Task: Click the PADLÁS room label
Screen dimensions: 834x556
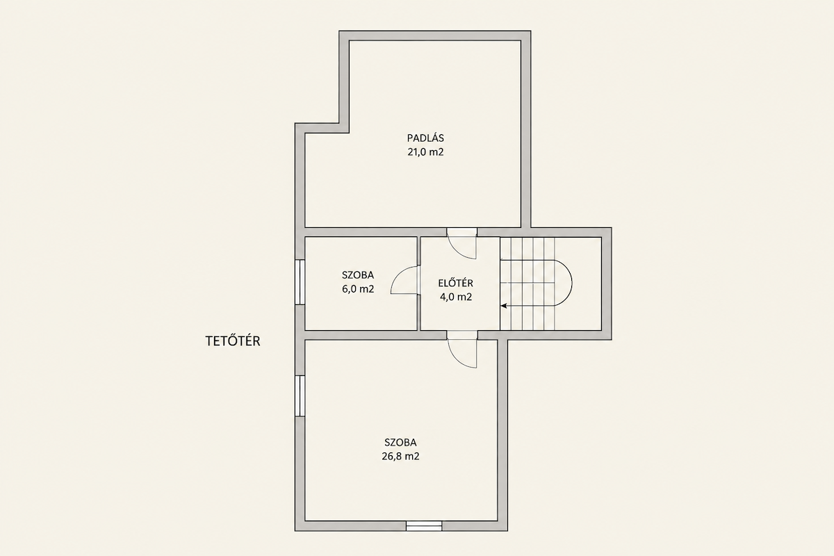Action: (x=425, y=138)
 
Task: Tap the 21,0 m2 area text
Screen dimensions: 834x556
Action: (x=425, y=152)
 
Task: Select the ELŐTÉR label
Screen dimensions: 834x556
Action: (x=456, y=283)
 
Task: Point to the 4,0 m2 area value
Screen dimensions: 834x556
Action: (x=456, y=297)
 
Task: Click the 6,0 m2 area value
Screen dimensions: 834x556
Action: (x=358, y=289)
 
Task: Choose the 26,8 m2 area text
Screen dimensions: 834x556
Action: (x=400, y=456)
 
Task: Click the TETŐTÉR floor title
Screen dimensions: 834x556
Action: (x=233, y=341)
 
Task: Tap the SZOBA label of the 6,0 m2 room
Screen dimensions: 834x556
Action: (x=358, y=275)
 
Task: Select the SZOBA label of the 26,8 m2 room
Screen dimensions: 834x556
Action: (x=400, y=443)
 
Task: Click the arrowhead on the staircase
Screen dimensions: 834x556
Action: (x=504, y=306)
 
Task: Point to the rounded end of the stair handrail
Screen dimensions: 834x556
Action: (x=571, y=283)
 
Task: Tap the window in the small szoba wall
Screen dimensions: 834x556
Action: (x=300, y=282)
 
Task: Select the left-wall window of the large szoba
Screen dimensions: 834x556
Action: (x=300, y=395)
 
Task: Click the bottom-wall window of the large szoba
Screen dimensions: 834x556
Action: (x=424, y=526)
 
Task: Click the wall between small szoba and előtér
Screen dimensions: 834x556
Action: (x=419, y=284)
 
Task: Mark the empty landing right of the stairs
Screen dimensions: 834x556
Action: (x=578, y=284)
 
